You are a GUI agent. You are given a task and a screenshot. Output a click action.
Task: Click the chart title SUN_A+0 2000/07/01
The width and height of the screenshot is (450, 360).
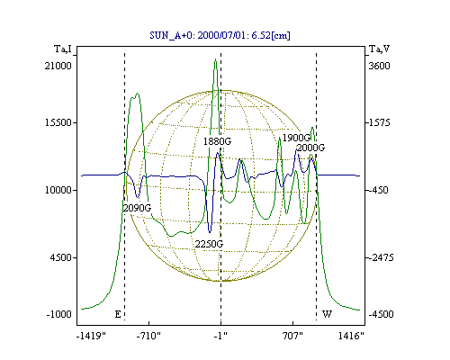tap(220, 35)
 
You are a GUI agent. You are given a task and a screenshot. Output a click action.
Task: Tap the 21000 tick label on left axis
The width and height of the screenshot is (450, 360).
tap(58, 66)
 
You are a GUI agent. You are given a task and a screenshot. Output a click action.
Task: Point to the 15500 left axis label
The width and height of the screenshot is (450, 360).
tap(58, 122)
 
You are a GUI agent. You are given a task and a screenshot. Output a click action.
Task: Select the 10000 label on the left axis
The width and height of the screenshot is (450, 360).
tap(58, 190)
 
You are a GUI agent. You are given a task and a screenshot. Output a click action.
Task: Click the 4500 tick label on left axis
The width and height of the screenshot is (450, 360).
tap(61, 257)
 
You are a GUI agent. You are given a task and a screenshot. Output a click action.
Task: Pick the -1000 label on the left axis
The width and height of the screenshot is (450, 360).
tap(59, 314)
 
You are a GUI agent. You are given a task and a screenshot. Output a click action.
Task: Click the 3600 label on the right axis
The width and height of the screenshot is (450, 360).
tap(379, 66)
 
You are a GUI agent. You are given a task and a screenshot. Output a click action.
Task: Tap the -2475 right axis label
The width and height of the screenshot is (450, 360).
tap(381, 257)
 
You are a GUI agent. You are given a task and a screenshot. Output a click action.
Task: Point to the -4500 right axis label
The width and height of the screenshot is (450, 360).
tap(381, 314)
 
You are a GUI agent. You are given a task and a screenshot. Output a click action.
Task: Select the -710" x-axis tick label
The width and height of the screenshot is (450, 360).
tap(148, 336)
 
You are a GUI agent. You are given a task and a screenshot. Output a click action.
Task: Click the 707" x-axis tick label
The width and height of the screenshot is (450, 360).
tap(292, 336)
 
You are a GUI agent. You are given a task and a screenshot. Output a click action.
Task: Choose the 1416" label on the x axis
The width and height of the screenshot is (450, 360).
tap(351, 336)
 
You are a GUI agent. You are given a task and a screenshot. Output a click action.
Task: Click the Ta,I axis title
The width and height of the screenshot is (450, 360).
tap(63, 49)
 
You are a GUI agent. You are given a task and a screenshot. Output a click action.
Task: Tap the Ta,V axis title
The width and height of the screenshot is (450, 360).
tap(380, 49)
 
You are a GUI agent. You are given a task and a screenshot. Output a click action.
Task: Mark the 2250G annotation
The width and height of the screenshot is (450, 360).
tap(209, 244)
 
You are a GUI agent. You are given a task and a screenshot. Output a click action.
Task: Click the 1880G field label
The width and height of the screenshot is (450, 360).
tap(217, 141)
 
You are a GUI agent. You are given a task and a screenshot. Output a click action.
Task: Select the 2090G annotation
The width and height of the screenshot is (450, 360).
tap(137, 208)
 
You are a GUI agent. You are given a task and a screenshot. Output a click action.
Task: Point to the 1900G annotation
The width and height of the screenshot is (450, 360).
tap(296, 138)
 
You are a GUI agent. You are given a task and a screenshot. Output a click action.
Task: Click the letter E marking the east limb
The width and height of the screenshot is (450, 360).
tap(118, 314)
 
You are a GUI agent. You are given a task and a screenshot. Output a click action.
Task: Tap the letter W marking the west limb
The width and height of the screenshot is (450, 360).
tap(327, 314)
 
